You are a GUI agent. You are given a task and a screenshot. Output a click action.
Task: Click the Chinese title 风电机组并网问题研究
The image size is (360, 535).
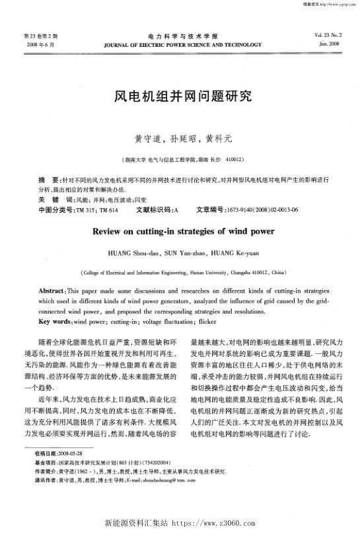[180, 96]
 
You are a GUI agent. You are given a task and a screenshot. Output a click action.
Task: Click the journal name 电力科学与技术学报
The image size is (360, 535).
[180, 35]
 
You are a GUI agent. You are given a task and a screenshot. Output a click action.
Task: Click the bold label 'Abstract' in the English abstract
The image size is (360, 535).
[51, 289]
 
